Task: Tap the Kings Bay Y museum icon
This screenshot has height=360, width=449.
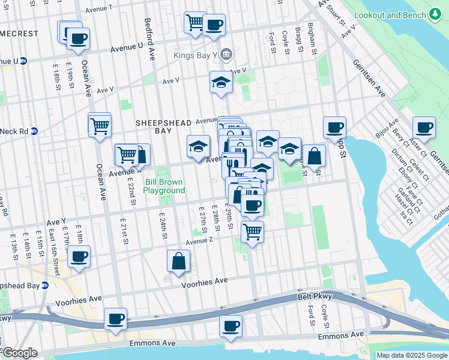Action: [226, 56]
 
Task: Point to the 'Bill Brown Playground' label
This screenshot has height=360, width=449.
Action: [164, 186]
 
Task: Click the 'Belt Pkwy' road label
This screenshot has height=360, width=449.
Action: [312, 297]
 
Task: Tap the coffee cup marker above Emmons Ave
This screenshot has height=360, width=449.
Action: [231, 326]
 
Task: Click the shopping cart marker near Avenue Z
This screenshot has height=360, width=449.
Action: [253, 231]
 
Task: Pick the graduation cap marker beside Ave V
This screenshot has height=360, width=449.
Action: [221, 82]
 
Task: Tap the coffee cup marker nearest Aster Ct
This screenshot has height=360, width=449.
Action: [424, 127]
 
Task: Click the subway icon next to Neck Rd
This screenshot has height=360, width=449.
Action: [34, 131]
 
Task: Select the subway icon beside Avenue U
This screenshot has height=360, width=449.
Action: [23, 61]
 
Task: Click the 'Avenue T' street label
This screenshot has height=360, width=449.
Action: [99, 9]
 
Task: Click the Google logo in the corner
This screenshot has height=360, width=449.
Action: [19, 353]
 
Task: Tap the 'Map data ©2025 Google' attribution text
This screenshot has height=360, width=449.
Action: [412, 355]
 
